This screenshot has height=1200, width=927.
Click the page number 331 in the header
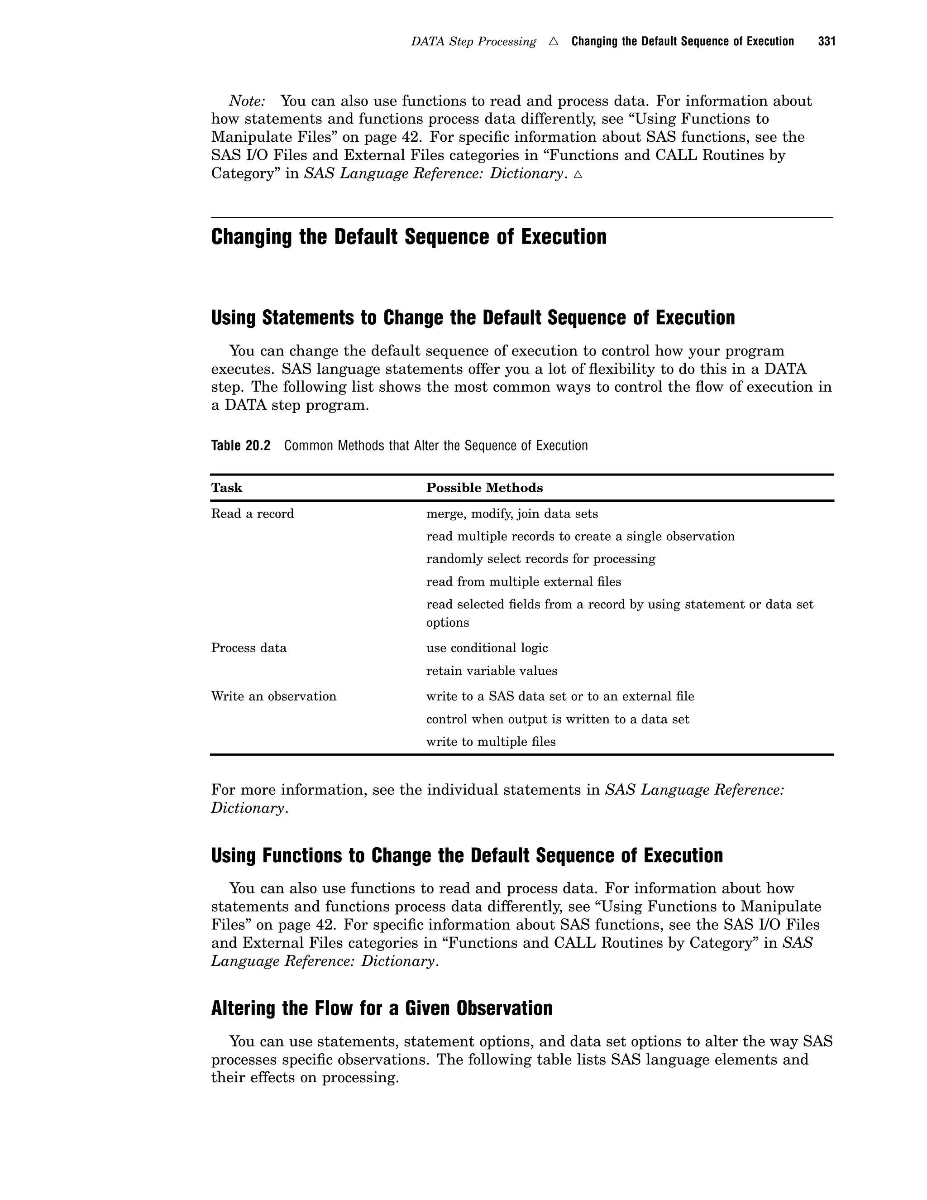[826, 42]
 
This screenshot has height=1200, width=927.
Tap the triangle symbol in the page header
[554, 42]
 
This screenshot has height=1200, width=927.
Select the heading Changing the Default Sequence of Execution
[409, 237]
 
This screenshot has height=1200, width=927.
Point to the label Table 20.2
[240, 446]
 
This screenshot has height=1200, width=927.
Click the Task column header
[226, 488]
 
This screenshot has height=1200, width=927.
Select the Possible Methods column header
[484, 488]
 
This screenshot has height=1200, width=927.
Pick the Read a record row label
[253, 514]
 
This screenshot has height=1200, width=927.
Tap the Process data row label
[249, 648]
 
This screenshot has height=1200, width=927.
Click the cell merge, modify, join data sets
[512, 514]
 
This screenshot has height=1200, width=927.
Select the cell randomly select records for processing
[540, 559]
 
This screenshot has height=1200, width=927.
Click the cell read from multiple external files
[523, 581]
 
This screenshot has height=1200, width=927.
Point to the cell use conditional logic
[487, 648]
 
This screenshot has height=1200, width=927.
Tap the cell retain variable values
[492, 671]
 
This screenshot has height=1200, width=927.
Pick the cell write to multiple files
[490, 742]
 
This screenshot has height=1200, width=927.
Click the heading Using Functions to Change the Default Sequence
[467, 855]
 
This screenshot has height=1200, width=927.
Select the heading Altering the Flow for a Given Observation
[382, 1008]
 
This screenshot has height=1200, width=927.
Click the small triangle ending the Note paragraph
[577, 175]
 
